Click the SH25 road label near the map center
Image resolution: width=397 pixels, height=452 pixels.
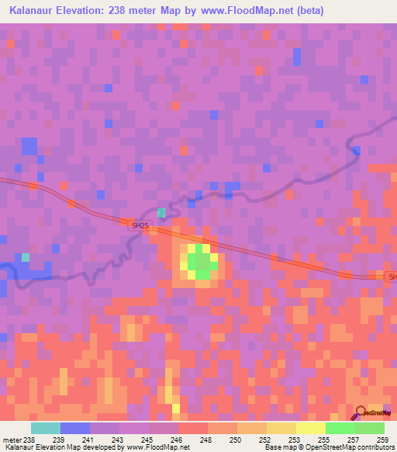tap(138, 224)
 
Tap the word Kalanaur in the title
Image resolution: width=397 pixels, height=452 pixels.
tap(32, 11)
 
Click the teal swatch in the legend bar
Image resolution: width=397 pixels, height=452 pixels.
tap(46, 428)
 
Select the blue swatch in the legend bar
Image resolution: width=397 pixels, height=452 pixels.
tap(75, 428)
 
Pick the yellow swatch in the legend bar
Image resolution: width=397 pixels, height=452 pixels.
tap(310, 428)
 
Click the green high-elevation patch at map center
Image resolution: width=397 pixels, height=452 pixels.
tap(201, 262)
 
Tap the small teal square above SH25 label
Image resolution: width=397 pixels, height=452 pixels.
tap(161, 212)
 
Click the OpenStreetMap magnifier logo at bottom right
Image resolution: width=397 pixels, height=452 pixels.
tap(361, 413)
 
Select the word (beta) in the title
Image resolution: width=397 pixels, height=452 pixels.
tap(309, 11)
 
